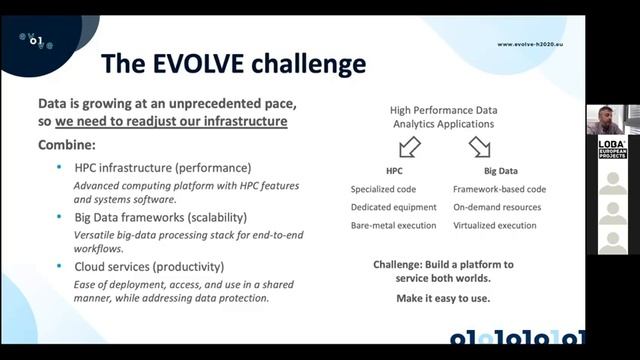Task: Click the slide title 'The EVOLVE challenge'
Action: [233, 64]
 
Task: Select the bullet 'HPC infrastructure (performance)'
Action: [163, 167]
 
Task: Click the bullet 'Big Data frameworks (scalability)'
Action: [161, 217]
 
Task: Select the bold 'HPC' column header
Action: [394, 171]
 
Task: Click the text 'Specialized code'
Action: [387, 189]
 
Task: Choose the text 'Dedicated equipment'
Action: [394, 207]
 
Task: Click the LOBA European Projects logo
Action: [612, 148]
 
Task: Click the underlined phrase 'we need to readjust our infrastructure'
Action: [171, 122]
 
